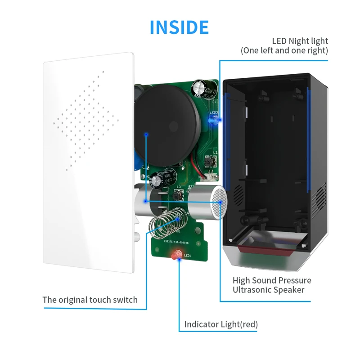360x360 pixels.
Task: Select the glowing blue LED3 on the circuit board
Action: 214,121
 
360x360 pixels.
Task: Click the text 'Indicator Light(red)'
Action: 221,324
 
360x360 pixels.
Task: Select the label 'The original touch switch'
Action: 90,300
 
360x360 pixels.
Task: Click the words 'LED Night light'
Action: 300,41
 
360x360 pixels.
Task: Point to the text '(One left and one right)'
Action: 284,50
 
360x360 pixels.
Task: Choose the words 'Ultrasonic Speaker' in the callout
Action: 268,290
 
